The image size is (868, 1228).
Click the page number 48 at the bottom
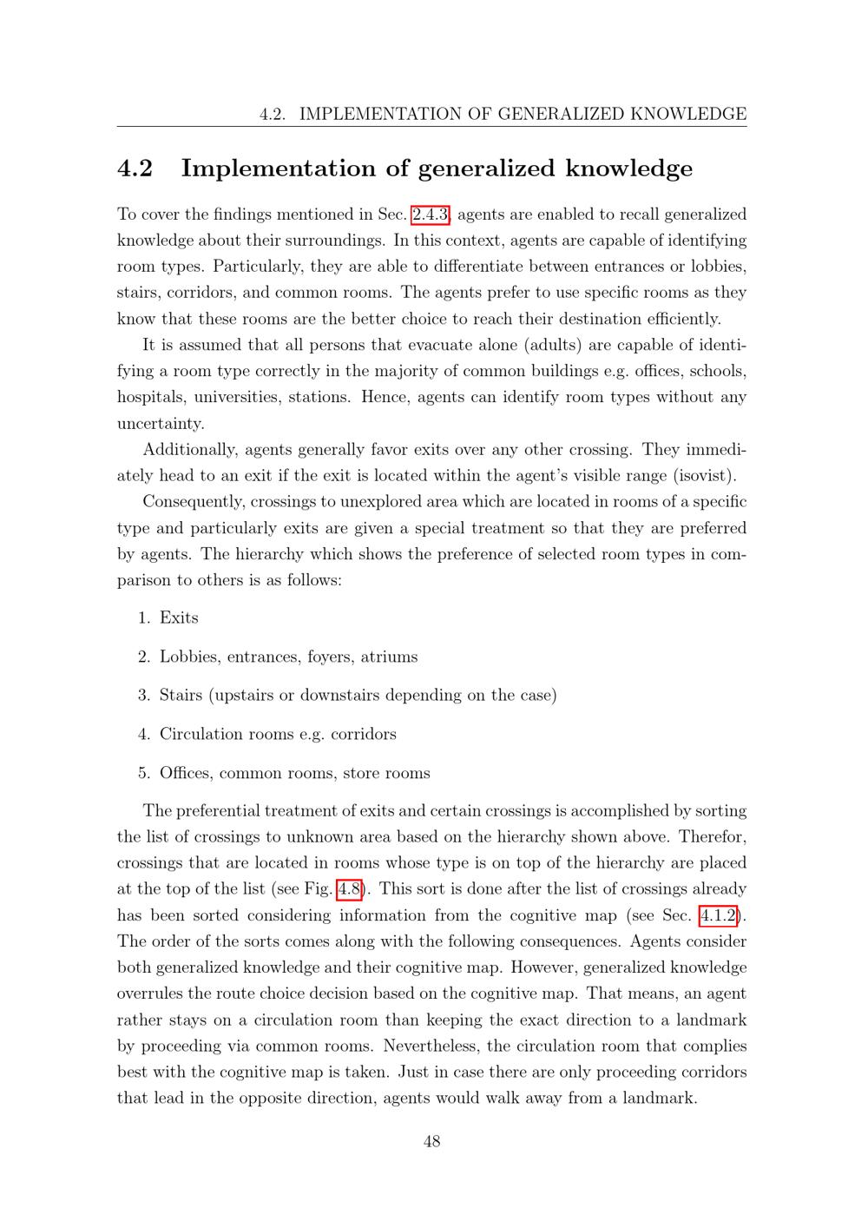[x=431, y=1141]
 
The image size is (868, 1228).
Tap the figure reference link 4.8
[x=349, y=889]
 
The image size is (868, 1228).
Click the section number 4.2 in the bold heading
[x=135, y=168]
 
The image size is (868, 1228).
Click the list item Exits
[x=179, y=618]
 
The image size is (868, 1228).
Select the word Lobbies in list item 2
[x=188, y=657]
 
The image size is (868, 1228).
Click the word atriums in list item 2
[x=389, y=657]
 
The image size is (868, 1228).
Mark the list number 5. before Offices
[x=144, y=774]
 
